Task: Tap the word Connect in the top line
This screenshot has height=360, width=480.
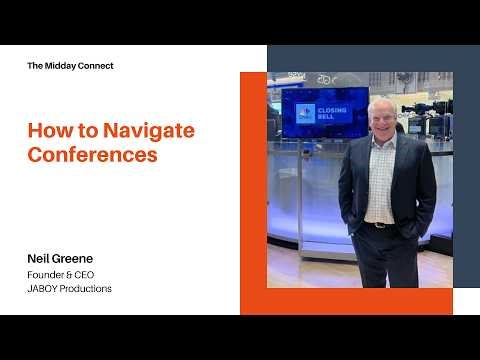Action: pos(97,66)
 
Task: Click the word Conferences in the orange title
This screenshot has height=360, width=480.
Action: pos(92,155)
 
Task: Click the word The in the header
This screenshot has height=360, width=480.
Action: pos(35,66)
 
